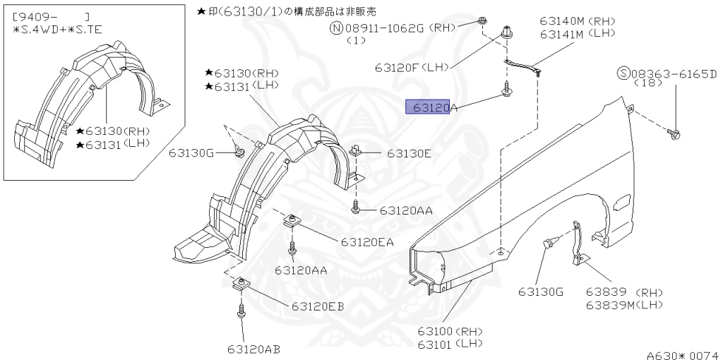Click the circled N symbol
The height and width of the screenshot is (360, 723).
pos(337,28)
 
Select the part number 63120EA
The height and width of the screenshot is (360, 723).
pos(366,241)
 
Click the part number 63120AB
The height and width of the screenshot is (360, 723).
pos(253,348)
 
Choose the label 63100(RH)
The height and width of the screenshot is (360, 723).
pos(448,330)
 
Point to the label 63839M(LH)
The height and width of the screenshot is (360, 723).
pos(624,305)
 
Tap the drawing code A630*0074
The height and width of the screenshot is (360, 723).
pos(682,354)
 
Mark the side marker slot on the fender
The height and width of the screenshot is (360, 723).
pos(622,203)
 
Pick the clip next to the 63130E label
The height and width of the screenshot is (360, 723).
pos(357,150)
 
